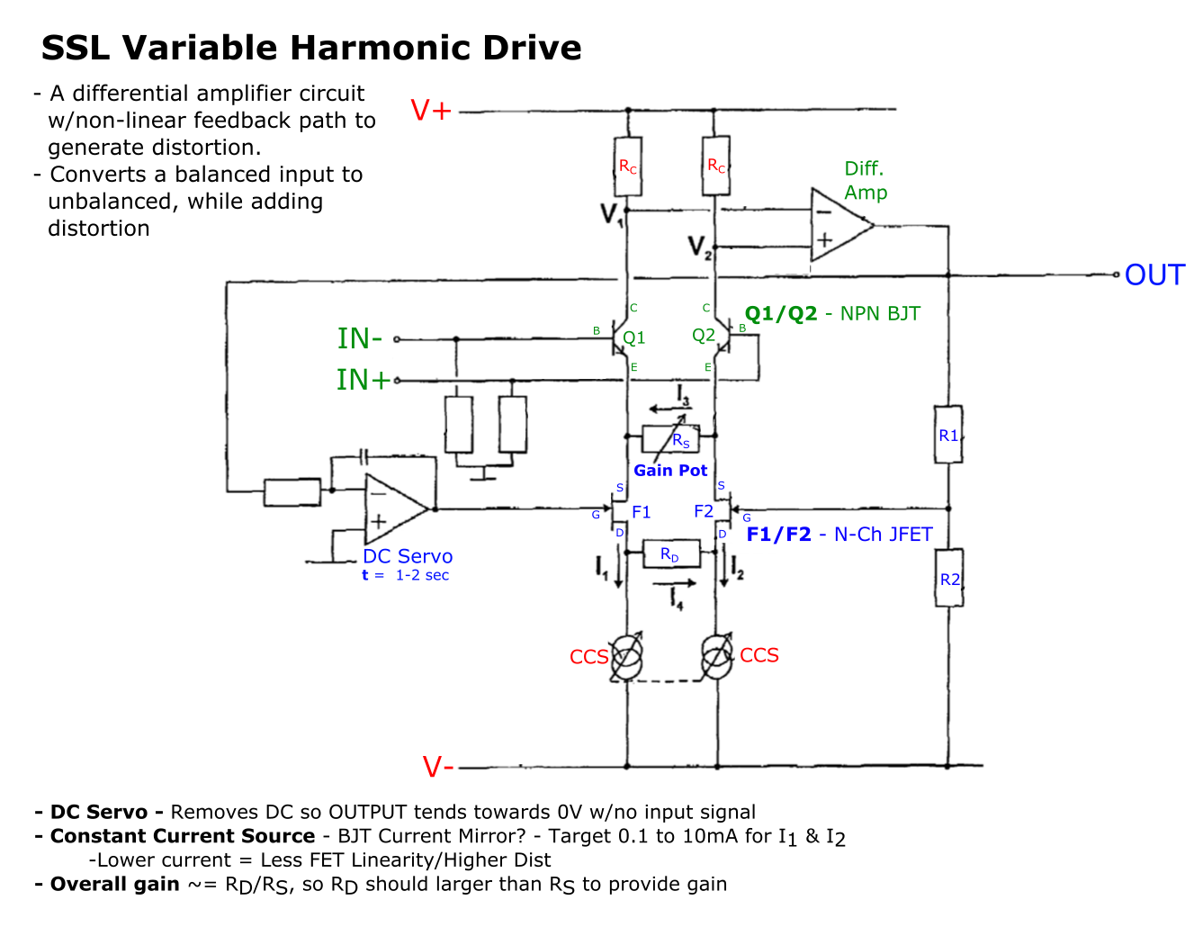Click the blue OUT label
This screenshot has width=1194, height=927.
(1154, 274)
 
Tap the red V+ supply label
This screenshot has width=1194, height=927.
(431, 111)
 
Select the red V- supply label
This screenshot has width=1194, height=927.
(438, 767)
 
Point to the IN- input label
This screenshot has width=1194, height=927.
(360, 338)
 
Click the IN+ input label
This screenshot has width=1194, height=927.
(364, 380)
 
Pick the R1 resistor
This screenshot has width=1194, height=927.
(948, 436)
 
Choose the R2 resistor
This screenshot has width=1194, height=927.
(949, 580)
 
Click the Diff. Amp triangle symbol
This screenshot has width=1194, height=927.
(839, 225)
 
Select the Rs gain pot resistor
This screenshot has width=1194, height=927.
(669, 439)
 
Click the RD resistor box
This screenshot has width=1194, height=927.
(669, 553)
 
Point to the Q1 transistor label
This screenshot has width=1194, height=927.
(634, 337)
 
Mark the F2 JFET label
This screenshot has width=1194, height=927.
(704, 511)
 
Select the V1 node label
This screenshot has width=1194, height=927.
(611, 214)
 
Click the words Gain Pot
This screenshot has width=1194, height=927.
(670, 470)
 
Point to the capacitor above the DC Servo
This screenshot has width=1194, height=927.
(364, 456)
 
